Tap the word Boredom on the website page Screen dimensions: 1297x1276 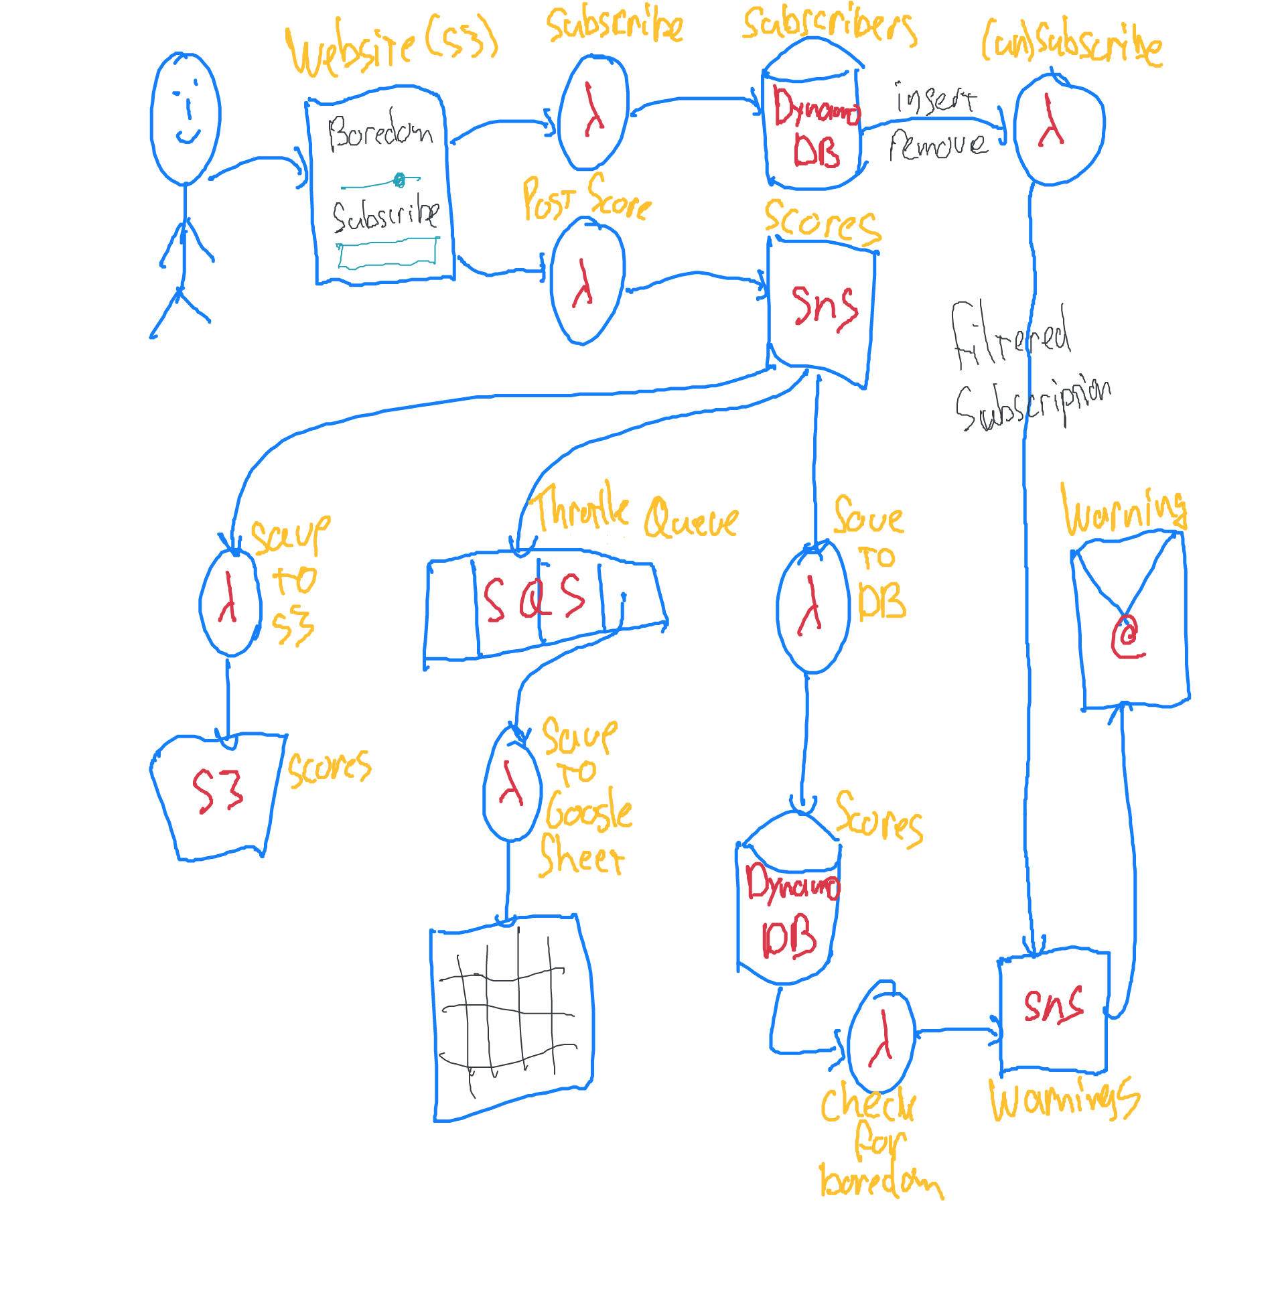point(380,131)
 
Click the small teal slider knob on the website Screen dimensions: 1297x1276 point(399,180)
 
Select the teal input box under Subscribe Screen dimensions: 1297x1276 point(387,255)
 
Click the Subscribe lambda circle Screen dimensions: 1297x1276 point(592,112)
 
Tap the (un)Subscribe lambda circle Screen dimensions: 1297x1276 point(1059,127)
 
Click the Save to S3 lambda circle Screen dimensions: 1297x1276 point(230,602)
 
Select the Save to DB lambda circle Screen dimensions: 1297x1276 point(813,607)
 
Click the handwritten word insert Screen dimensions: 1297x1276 point(936,99)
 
